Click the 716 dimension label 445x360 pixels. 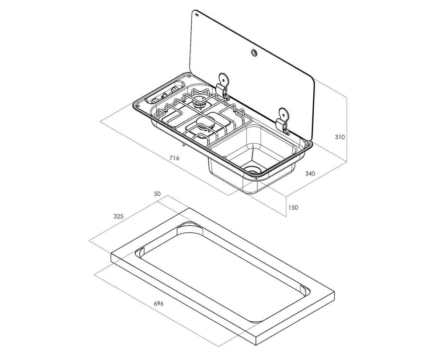tap(174, 158)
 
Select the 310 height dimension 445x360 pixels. tap(340, 138)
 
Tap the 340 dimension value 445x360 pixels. tap(310, 174)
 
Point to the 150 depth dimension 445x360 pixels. tap(293, 207)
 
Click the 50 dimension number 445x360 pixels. tap(157, 194)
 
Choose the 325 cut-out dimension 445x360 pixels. tap(118, 216)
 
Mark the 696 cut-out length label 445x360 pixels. tap(159, 303)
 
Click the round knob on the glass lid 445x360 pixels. tap(253, 52)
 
